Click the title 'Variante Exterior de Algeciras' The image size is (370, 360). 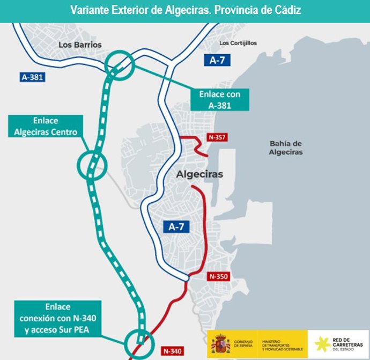tap(185, 11)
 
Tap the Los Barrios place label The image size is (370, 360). tap(79, 45)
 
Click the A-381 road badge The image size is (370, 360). tap(32, 77)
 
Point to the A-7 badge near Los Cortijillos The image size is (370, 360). tap(217, 60)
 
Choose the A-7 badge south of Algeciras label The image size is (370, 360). tap(176, 226)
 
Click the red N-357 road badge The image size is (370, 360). tap(217, 138)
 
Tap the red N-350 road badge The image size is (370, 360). tap(218, 277)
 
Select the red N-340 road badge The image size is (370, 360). tap(172, 351)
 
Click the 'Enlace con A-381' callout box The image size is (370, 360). tap(220, 100)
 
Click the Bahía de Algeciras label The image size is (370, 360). tap(286, 148)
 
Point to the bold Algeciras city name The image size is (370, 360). tap(199, 174)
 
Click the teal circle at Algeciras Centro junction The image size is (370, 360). tap(93, 164)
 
